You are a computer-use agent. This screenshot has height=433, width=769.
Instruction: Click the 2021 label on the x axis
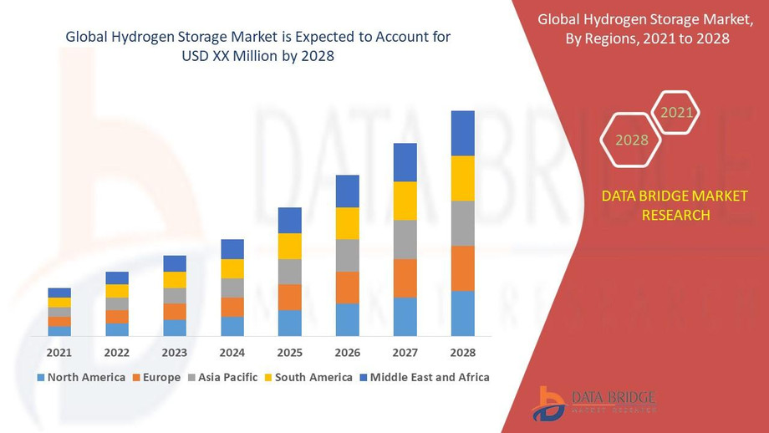(x=59, y=352)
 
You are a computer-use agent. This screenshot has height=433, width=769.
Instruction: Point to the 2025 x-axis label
(x=289, y=352)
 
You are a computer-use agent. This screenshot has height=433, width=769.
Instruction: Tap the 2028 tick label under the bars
(x=462, y=352)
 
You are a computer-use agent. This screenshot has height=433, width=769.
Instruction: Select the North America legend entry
(x=81, y=377)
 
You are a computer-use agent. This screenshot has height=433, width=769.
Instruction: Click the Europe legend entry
(x=156, y=377)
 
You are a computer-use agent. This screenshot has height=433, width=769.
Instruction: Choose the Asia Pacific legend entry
(x=222, y=377)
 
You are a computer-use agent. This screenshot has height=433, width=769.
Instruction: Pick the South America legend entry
(x=308, y=377)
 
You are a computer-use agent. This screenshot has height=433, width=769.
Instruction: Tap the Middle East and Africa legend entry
(x=425, y=377)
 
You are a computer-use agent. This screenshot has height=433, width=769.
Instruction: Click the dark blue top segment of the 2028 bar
(x=462, y=133)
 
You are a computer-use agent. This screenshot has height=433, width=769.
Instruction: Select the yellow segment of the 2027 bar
(x=405, y=201)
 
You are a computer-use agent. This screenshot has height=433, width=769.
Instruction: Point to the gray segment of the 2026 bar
(x=347, y=255)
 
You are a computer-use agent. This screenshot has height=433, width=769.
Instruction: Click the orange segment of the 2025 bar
(x=289, y=297)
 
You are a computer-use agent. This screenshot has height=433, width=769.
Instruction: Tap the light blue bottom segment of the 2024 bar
(x=232, y=326)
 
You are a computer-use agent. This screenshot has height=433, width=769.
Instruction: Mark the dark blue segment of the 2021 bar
(x=59, y=293)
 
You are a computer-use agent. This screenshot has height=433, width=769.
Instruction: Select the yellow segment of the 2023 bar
(x=175, y=280)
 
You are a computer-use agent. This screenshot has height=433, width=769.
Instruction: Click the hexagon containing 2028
(x=632, y=140)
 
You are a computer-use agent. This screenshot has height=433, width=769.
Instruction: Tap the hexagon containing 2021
(x=676, y=112)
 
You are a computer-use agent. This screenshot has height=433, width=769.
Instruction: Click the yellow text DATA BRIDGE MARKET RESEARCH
(x=656, y=205)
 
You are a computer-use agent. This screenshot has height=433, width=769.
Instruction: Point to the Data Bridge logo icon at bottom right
(x=548, y=403)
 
